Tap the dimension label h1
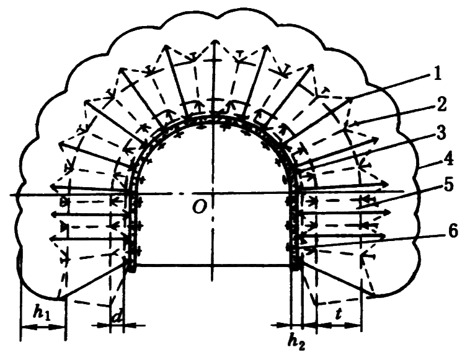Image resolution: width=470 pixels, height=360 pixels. pyautogui.click(x=43, y=315)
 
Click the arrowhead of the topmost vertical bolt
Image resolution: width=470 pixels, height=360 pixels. pyautogui.click(x=214, y=41)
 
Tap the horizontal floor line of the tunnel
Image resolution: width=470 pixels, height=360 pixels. pyautogui.click(x=214, y=265)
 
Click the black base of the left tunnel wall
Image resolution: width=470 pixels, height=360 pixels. pyautogui.click(x=132, y=265)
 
